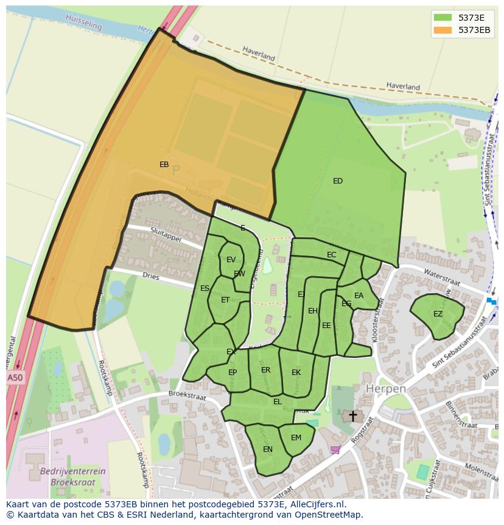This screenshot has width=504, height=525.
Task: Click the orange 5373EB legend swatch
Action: (x=443, y=30)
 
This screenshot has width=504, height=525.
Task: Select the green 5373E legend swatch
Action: (x=443, y=18)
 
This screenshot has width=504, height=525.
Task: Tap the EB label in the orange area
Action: (x=164, y=165)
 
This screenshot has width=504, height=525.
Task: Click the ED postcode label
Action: (x=338, y=181)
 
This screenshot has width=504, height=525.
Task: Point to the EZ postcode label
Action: (x=438, y=314)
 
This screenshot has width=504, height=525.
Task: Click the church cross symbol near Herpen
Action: (x=352, y=416)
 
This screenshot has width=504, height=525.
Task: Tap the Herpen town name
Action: (x=385, y=389)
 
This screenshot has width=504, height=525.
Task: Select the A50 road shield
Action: (x=15, y=378)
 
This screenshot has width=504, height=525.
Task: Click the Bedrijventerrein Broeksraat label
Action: (x=72, y=476)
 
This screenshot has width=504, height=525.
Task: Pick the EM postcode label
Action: (x=296, y=438)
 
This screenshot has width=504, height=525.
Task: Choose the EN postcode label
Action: (x=268, y=449)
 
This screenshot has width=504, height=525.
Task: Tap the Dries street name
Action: (x=150, y=276)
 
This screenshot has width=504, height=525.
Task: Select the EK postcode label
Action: (x=296, y=373)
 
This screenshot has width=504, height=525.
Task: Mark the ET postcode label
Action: (x=225, y=300)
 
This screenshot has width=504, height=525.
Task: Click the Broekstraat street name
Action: (x=187, y=396)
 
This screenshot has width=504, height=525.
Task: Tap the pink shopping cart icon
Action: (x=335, y=450)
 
